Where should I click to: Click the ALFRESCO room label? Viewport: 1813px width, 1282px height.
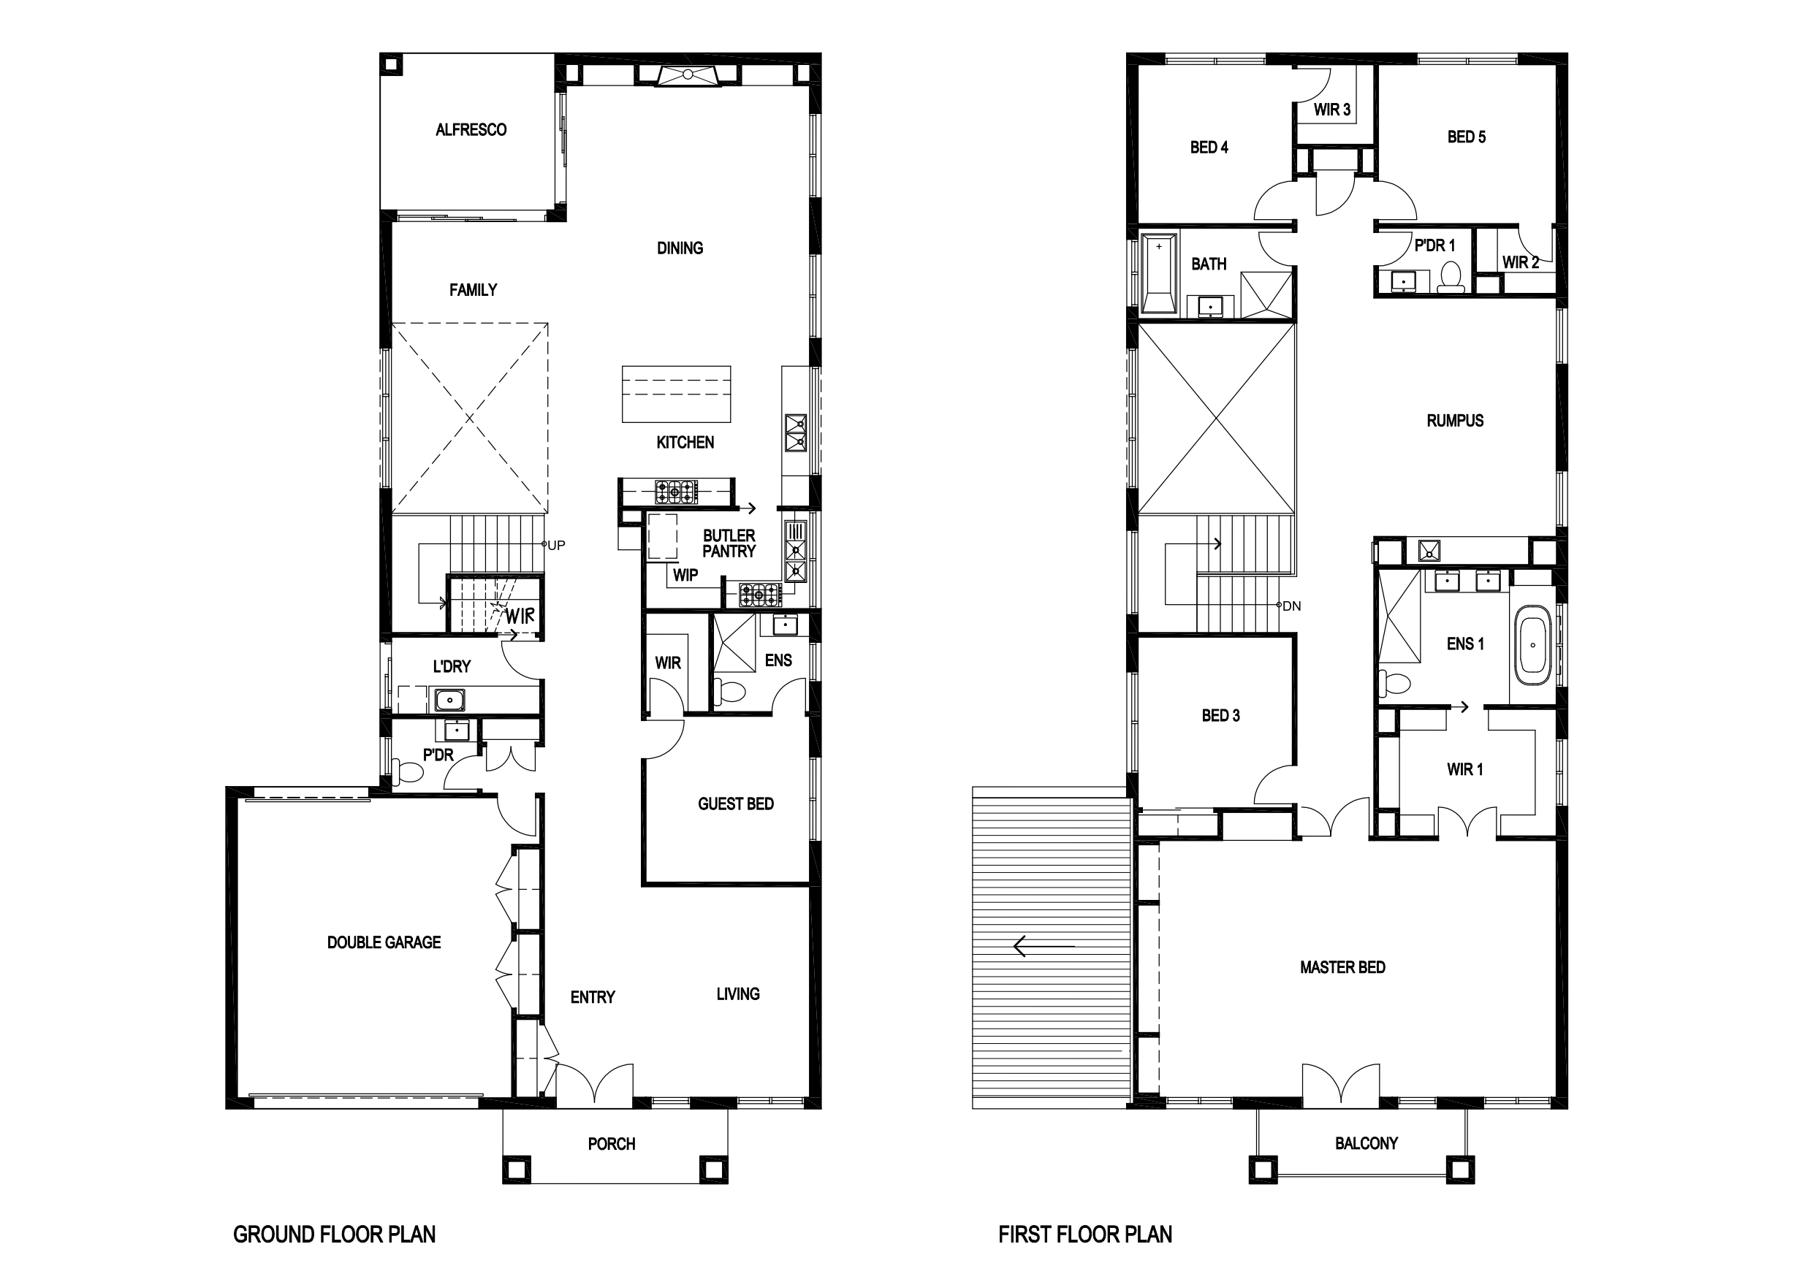point(471,129)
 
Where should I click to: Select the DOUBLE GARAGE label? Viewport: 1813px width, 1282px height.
point(384,942)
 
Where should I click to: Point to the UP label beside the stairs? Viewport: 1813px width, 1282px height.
point(557,546)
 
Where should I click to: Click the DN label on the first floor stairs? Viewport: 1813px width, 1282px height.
point(1292,606)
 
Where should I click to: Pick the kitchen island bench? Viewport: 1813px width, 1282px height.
point(676,394)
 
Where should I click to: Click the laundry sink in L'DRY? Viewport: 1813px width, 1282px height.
point(449,699)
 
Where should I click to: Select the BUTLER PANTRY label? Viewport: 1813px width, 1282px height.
point(729,543)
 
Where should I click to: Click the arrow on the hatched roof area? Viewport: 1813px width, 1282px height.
point(1044,946)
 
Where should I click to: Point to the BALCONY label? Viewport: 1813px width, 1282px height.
point(1366,1143)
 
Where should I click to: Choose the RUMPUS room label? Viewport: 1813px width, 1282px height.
point(1454,421)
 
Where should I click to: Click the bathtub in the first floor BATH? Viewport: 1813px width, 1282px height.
point(1159,273)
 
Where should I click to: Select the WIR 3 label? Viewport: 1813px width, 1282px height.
point(1332,110)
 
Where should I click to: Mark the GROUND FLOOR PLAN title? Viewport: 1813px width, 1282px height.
point(334,1234)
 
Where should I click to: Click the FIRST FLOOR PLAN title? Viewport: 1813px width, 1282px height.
point(1085,1234)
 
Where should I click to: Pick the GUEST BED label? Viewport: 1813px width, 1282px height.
point(735,804)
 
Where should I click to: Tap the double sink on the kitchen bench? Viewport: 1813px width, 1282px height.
point(795,432)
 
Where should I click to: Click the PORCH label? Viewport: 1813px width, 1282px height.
point(611,1144)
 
